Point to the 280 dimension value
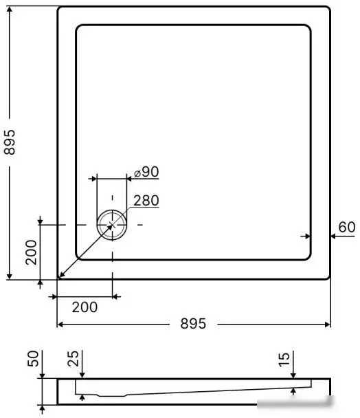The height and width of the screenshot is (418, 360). (146, 201)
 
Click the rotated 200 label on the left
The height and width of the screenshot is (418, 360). (30, 252)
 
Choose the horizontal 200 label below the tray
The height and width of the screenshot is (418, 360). (84, 307)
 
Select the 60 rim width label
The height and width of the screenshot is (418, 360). (347, 227)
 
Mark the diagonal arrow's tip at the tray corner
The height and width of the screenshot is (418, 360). (60, 276)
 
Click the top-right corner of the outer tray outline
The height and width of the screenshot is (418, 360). (329, 8)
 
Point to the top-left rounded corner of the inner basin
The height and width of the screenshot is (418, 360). (78, 28)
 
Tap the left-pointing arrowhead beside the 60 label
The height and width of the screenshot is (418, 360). (333, 236)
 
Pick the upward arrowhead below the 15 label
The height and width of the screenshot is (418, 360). (293, 390)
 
